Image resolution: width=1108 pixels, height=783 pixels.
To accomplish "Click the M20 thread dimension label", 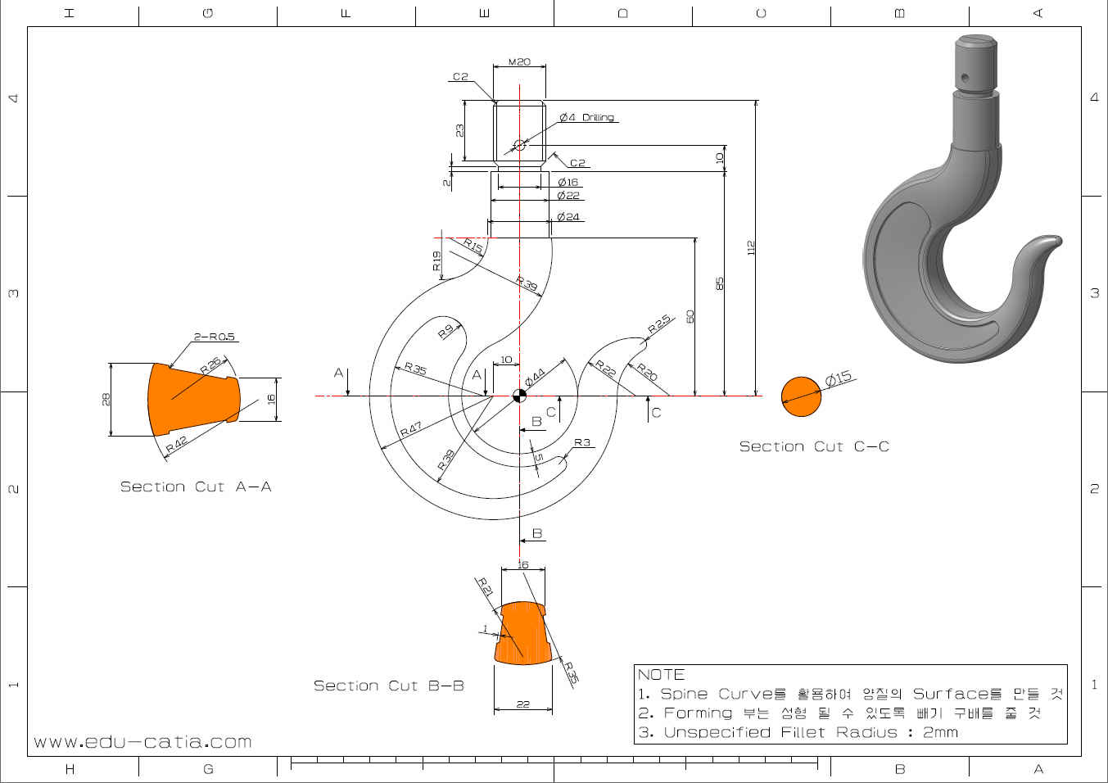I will [x=519, y=61].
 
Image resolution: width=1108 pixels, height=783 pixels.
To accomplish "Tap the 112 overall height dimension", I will [x=751, y=247].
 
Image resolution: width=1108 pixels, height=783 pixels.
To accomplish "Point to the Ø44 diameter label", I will [x=535, y=378].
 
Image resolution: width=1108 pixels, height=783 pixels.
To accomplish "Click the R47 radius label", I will [x=410, y=429].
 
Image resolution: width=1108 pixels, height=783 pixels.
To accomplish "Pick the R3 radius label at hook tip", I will [x=581, y=442].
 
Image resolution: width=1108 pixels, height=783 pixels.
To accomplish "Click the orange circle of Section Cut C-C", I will [x=800, y=397].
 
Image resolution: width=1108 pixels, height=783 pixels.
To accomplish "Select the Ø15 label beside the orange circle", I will [x=839, y=378].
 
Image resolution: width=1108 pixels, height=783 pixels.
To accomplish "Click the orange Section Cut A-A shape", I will [x=190, y=399].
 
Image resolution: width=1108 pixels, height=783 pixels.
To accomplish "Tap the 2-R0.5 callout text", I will [x=214, y=337].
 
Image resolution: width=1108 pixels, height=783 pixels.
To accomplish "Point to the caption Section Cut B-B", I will [x=388, y=686].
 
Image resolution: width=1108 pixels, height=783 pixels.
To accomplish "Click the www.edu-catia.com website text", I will [x=142, y=742].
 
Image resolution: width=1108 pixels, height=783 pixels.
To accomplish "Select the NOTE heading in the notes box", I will [x=661, y=675].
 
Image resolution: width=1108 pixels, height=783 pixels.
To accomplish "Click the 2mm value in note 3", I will [x=940, y=732].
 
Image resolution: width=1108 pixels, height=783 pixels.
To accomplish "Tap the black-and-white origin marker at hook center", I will [x=519, y=396].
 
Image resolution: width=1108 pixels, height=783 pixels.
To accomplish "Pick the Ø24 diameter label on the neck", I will [x=568, y=217].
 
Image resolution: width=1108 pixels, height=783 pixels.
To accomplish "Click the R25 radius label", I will [x=659, y=323].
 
